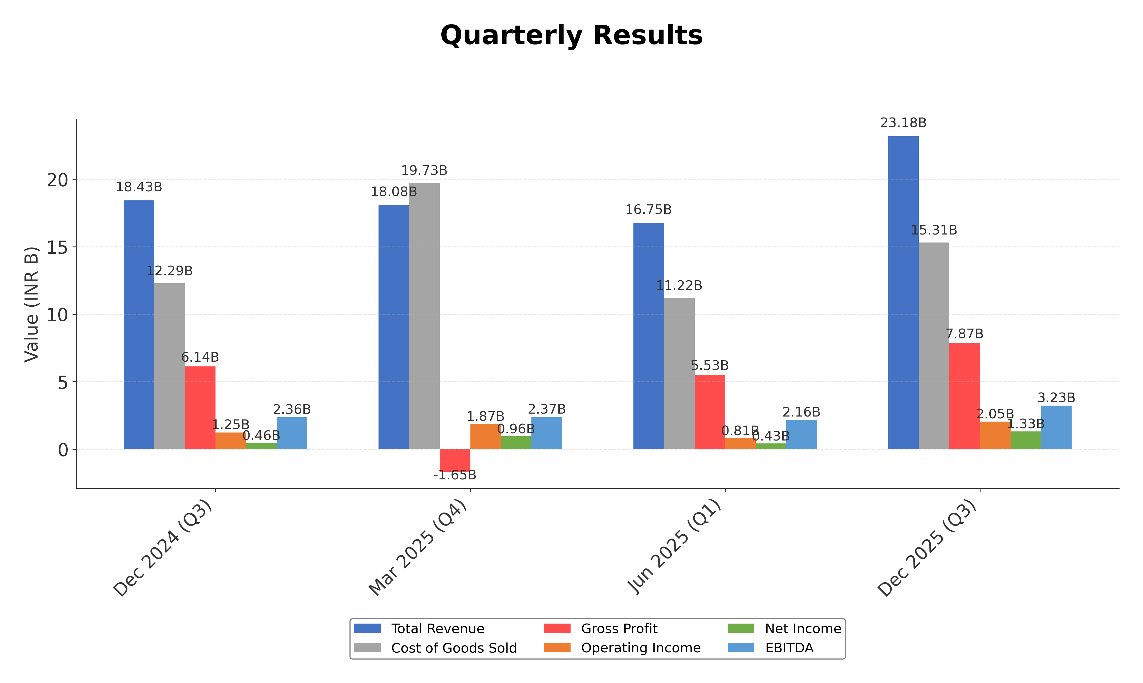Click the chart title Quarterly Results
click(571, 35)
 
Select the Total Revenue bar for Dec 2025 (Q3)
click(903, 292)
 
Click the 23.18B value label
click(903, 123)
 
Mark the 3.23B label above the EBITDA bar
click(1056, 398)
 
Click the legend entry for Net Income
click(803, 629)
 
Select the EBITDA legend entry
click(789, 648)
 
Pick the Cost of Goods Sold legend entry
click(454, 648)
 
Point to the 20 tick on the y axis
click(57, 180)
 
